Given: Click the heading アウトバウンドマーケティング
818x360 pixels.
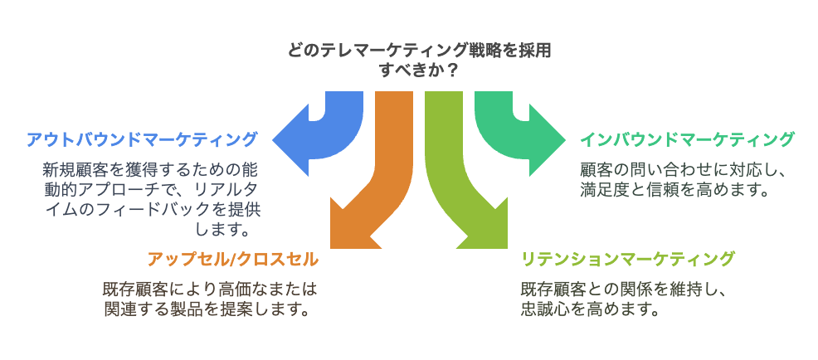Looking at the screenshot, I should coord(141,139).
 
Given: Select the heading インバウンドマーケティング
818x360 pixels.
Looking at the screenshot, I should coord(687,139).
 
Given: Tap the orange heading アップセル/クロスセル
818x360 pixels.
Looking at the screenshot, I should coord(232,259).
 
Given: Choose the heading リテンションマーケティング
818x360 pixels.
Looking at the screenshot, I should coord(627,259).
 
